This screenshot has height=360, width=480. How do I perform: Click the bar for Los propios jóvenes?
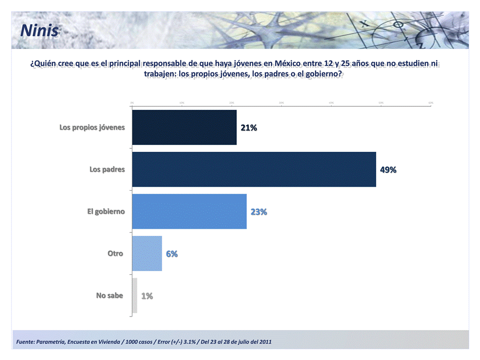184,127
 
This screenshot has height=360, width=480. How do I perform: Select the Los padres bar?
254,169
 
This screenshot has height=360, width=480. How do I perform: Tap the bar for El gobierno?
189,211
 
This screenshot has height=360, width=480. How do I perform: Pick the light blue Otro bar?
147,254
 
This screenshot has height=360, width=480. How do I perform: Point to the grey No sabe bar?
134,296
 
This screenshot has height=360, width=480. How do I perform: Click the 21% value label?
249,128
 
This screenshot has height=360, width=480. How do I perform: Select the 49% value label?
388,170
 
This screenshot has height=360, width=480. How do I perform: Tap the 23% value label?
259,212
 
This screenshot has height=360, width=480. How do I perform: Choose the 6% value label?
172,254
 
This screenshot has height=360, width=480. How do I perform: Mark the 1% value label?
147,296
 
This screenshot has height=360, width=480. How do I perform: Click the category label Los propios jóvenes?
92,127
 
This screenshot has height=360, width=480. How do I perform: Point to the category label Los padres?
107,169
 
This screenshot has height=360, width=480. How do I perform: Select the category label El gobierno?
106,211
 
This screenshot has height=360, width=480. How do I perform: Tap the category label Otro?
115,254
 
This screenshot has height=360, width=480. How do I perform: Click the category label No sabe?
109,296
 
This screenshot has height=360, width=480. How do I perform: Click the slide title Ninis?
39,31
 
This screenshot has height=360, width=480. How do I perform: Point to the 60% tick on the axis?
431,102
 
